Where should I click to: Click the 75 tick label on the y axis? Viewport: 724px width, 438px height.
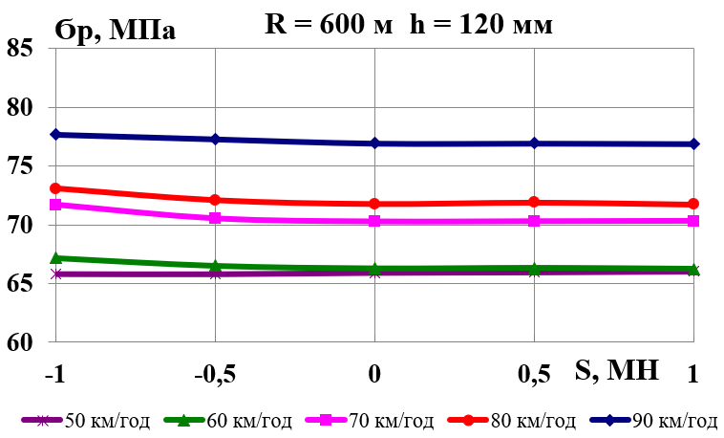pyautogui.click(x=26, y=166)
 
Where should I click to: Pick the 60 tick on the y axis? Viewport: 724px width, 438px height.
pyautogui.click(x=26, y=342)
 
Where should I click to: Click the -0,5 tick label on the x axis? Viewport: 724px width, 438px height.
pyautogui.click(x=215, y=375)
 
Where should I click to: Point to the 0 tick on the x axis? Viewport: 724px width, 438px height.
pyautogui.click(x=374, y=375)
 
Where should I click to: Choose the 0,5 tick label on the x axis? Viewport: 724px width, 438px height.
pyautogui.click(x=534, y=375)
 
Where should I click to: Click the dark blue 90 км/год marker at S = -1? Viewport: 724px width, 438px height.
pyautogui.click(x=55, y=135)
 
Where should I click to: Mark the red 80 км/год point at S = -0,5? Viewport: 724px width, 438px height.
pyautogui.click(x=215, y=200)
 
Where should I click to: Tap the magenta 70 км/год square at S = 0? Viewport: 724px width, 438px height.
pyautogui.click(x=374, y=221)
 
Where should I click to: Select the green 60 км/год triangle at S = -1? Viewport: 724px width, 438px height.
pyautogui.click(x=55, y=258)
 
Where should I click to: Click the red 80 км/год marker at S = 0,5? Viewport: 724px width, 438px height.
pyautogui.click(x=534, y=202)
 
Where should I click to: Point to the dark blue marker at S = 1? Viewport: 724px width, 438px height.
pyautogui.click(x=693, y=144)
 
